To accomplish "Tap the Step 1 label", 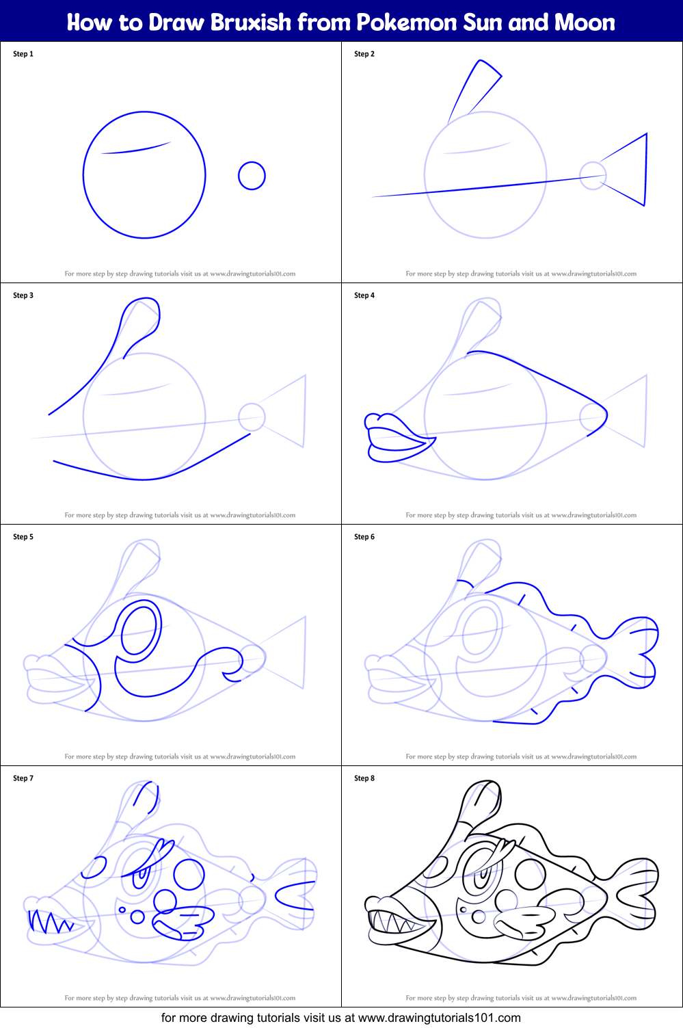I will click(23, 54).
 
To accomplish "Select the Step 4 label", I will click(364, 295).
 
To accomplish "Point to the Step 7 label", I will click(23, 778).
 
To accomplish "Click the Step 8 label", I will click(364, 778).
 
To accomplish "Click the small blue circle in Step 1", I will click(252, 176).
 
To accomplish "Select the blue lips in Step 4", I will click(397, 438).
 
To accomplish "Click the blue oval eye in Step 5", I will click(140, 630).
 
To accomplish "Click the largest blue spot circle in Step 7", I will click(189, 874).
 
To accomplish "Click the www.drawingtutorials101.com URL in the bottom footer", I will click(440, 1018).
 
